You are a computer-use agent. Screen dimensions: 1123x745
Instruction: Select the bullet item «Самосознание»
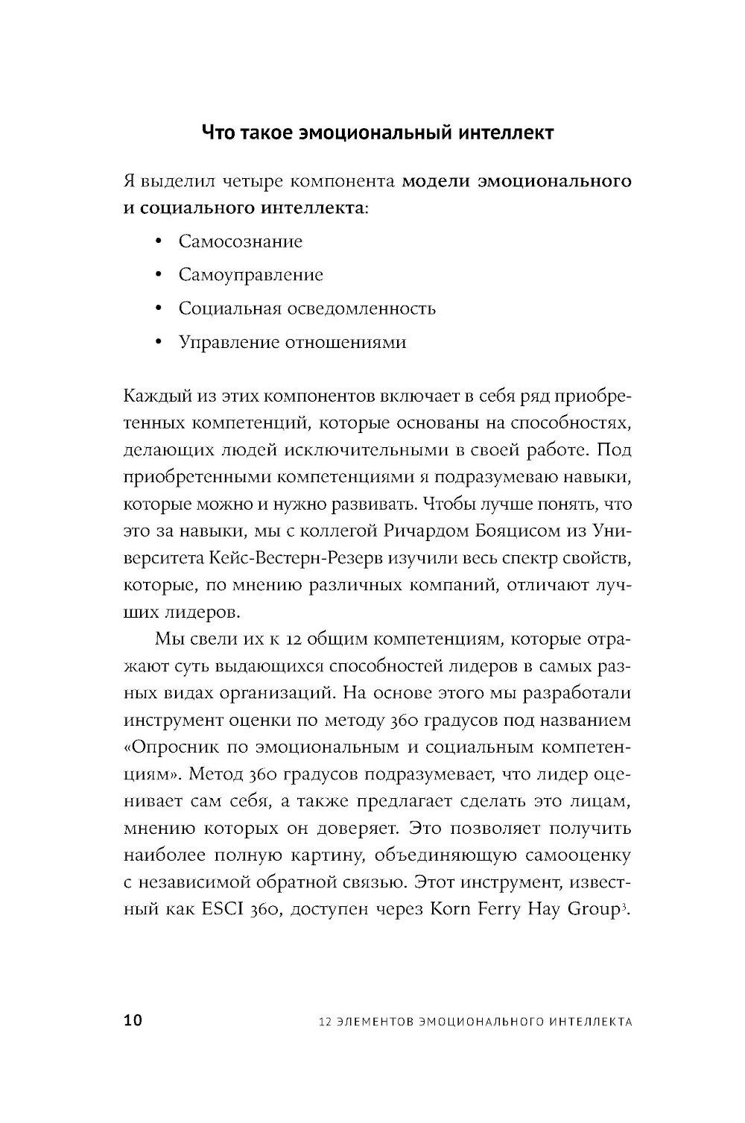241,241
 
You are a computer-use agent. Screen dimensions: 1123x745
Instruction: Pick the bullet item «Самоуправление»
251,275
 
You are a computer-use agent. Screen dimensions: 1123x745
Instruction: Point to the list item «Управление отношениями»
292,342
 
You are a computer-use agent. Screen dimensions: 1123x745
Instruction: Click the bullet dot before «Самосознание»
158,241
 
